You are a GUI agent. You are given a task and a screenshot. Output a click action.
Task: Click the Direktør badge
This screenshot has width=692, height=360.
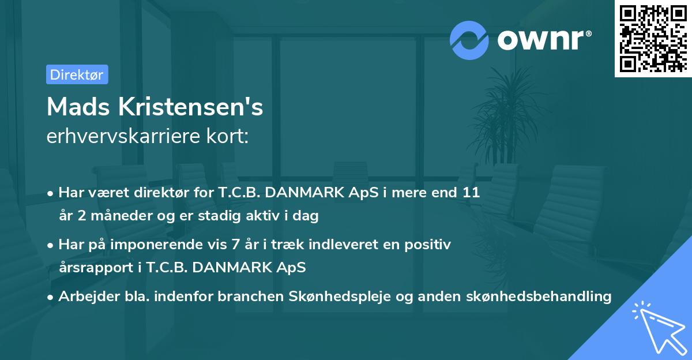pyautogui.click(x=77, y=74)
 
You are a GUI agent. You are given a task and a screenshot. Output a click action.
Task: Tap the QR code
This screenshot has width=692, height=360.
pyautogui.click(x=653, y=39)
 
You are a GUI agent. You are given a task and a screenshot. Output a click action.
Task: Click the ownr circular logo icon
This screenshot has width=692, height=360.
pyautogui.click(x=469, y=40)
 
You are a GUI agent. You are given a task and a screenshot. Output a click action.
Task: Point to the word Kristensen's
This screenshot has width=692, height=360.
pyautogui.click(x=191, y=107)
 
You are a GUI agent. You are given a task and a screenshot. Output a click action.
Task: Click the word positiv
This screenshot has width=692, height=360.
pyautogui.click(x=430, y=245)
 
